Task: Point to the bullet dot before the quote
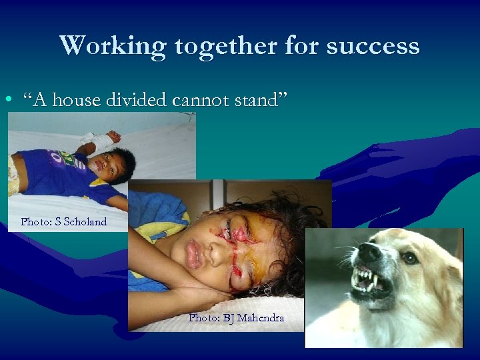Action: pos(7,101)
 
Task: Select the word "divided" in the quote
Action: pos(139,100)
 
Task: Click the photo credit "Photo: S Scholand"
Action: pos(63,221)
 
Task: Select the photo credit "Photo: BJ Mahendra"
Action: pos(236,318)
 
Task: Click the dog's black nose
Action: pos(367,252)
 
